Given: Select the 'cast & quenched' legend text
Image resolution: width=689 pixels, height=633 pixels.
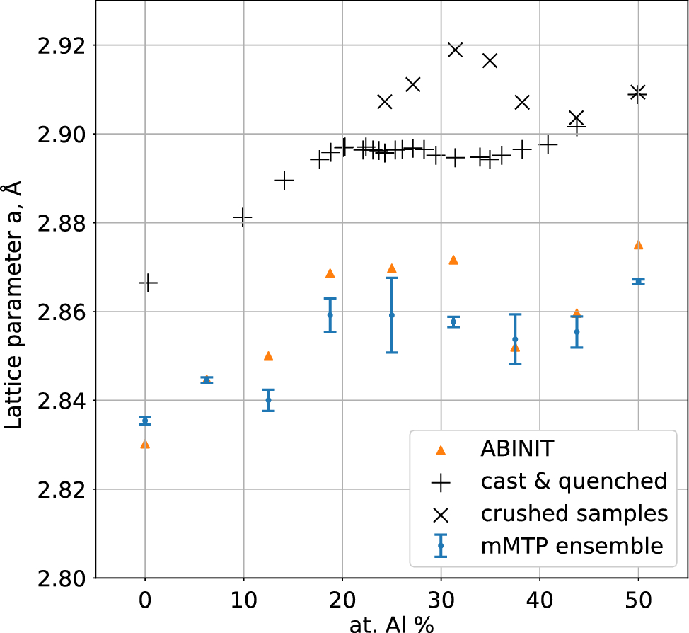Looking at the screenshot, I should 574,481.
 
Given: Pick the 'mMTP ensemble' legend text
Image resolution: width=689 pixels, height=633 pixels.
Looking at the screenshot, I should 572,546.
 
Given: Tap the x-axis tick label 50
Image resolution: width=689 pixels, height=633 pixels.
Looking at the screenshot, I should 638,608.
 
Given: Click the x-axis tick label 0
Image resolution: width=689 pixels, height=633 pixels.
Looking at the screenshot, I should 145,608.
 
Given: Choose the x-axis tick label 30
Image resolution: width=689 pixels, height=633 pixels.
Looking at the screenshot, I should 441,608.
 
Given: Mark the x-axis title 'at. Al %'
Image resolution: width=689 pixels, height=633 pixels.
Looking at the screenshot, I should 391,625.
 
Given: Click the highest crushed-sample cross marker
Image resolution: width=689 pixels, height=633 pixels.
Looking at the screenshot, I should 455,50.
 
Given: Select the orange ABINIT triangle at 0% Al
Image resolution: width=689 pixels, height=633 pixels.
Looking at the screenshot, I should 145,444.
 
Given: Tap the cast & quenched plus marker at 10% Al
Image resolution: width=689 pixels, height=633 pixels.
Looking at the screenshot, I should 243,217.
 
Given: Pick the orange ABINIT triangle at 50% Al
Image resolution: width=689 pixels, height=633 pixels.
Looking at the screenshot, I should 638,245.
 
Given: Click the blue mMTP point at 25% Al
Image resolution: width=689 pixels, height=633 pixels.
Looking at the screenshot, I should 391,314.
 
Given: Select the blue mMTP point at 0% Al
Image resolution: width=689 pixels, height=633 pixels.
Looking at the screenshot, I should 145,421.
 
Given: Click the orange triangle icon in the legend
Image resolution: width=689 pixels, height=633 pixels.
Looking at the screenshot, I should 441,450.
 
